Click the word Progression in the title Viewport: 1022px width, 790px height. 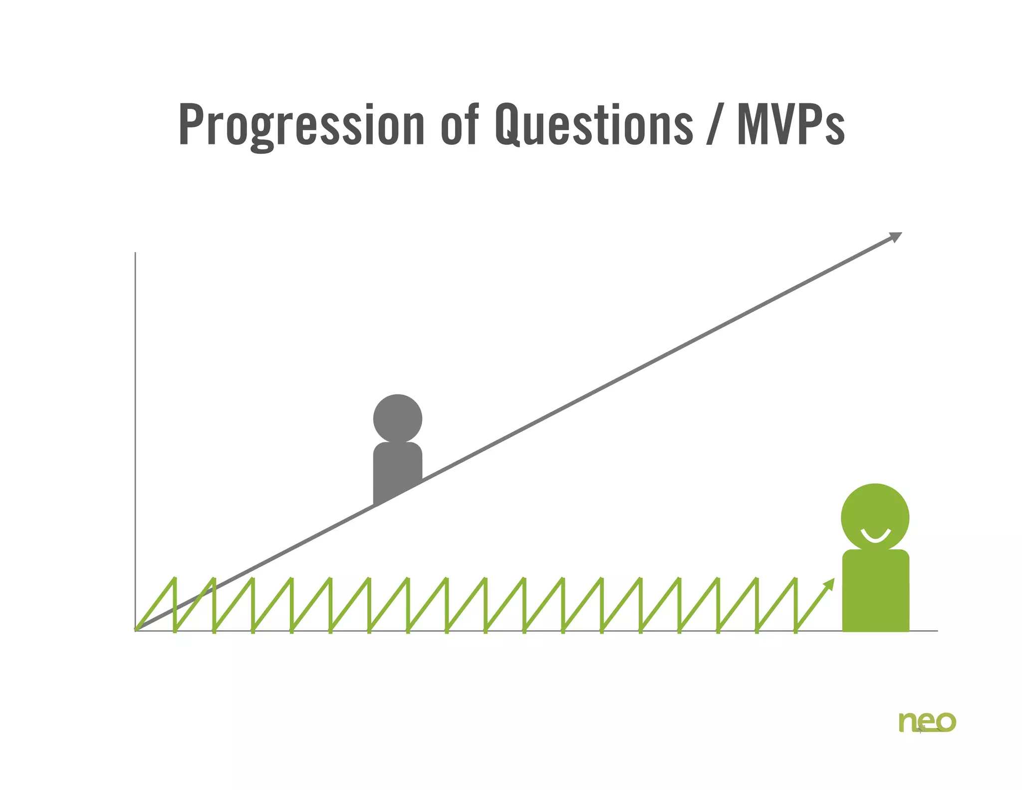point(301,125)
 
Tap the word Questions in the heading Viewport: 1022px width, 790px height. point(594,125)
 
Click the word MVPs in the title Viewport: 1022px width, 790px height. point(791,125)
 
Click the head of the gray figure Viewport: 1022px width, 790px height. point(397,418)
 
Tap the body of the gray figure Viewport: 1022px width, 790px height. point(397,469)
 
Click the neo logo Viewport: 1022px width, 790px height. point(927,722)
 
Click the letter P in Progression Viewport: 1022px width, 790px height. point(190,125)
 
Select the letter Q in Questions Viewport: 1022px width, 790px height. point(509,125)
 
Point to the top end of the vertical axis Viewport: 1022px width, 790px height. point(135,253)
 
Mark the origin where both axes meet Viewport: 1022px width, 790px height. point(136,630)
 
